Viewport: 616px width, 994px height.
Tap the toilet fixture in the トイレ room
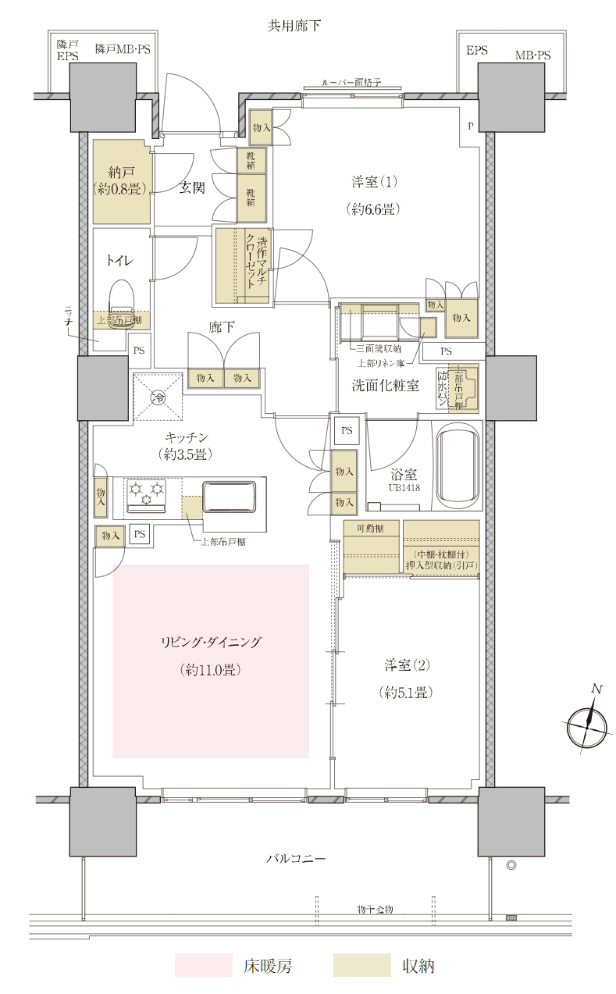tap(122, 297)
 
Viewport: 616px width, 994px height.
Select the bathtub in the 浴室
tap(458, 465)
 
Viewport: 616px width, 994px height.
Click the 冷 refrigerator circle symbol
tap(158, 398)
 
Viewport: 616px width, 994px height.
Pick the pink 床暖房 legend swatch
tap(203, 965)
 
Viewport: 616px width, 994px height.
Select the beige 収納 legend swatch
tap(361, 965)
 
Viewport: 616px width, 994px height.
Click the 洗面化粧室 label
tap(386, 384)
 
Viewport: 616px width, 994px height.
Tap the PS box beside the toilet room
tap(139, 351)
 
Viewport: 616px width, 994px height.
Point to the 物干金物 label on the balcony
tap(375, 910)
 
